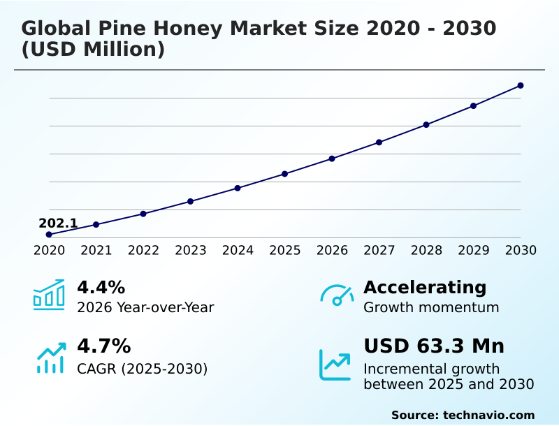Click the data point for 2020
[49, 235]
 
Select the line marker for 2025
[285, 174]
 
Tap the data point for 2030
[521, 86]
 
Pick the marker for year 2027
[379, 142]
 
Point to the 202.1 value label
[58, 223]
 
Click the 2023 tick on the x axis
[191, 251]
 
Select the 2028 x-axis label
[426, 251]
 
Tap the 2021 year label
[96, 251]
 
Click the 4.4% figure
[101, 288]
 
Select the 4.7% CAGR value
[103, 346]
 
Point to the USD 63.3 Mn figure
[434, 346]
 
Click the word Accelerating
[425, 288]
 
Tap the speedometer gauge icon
[337, 295]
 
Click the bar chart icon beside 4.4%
[49, 295]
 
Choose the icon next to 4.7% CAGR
[50, 358]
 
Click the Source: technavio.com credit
[463, 415]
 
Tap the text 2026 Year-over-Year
[145, 308]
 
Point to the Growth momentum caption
[431, 308]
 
